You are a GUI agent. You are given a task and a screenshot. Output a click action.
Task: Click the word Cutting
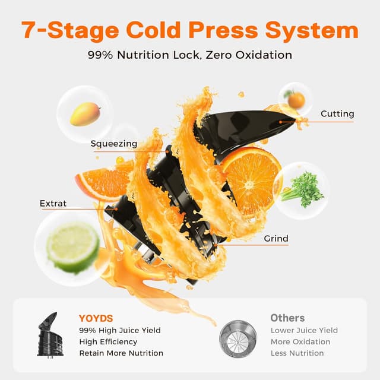[337, 113]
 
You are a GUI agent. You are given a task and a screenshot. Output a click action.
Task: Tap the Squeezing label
[113, 143]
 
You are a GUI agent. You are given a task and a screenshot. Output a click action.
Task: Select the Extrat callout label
[53, 203]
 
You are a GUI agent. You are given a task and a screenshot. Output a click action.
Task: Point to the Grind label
[275, 239]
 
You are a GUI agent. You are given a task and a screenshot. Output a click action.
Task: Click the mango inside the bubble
[85, 114]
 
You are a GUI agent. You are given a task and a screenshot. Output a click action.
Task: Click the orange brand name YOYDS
[95, 318]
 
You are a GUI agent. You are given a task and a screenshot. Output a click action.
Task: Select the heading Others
[287, 318]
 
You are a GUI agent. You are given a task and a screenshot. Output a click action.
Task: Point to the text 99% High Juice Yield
[119, 330]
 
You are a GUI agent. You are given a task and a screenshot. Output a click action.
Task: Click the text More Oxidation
[300, 341]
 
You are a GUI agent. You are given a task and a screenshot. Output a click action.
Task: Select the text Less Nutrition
[297, 353]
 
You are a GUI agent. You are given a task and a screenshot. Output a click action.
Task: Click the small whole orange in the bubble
[295, 99]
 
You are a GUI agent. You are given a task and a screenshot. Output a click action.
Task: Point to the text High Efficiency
[107, 341]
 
